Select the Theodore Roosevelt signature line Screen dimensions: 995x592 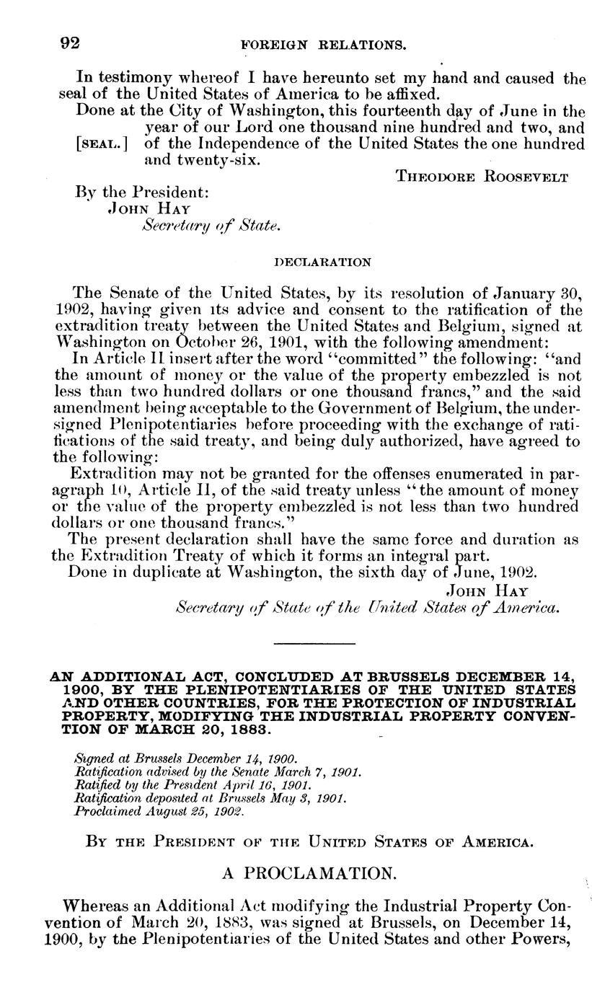point(482,174)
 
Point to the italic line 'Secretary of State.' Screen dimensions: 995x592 point(211,226)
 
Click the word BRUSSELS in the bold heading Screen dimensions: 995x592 point(405,678)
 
